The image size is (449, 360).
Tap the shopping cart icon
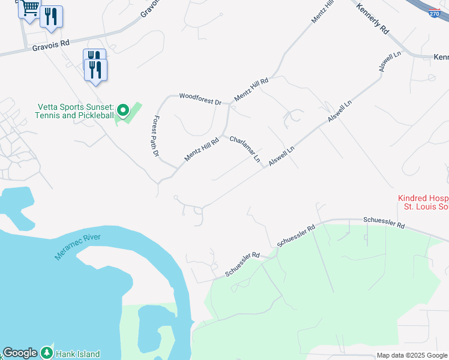[29, 8]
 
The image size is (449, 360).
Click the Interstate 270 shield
[435, 12]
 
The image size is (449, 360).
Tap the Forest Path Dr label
[155, 136]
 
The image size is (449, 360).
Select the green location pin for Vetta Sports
[123, 110]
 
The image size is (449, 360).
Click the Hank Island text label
[78, 354]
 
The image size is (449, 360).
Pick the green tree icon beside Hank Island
[47, 353]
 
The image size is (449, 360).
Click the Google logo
[20, 353]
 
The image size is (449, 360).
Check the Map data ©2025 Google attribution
[412, 355]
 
